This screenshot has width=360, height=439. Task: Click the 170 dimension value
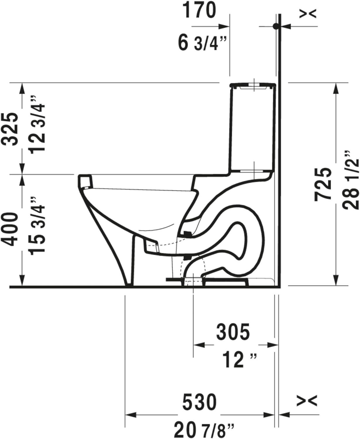click(199, 11)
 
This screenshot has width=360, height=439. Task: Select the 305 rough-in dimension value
click(233, 332)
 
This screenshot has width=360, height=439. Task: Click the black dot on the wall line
click(275, 26)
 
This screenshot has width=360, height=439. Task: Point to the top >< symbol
click(308, 13)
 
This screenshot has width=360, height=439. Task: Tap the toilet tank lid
click(253, 85)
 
